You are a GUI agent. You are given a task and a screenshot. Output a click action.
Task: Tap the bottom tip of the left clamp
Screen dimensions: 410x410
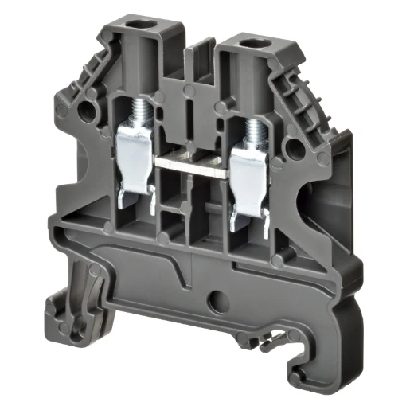click(x=126, y=209)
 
